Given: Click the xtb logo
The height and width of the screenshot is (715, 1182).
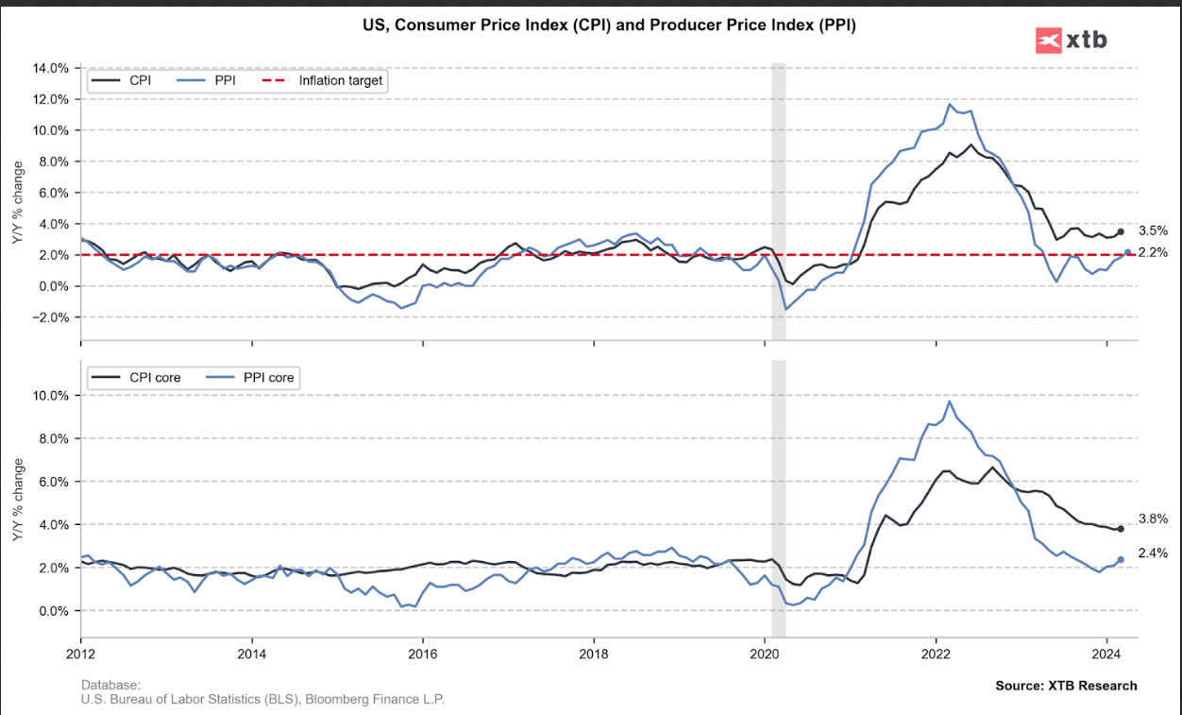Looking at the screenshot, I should [1072, 40].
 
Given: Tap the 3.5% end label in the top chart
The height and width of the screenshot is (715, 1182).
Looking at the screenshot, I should [1153, 230].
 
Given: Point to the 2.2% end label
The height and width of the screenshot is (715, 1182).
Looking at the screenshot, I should [1153, 252].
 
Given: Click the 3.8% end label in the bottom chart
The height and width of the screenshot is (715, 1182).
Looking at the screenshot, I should [1153, 519].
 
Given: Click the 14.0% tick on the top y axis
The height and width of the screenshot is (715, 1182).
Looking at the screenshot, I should [50, 68].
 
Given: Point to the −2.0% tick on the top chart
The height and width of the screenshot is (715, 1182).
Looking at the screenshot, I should [50, 317].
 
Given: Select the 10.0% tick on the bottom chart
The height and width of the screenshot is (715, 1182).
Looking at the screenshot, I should [50, 395].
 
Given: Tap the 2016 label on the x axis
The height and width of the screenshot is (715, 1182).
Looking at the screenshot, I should [422, 653].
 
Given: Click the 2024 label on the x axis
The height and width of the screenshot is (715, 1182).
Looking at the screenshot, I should [1106, 653].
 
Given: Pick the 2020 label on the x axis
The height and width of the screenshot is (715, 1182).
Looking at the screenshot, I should [765, 653].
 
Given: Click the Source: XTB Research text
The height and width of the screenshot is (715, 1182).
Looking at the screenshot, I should [1066, 686].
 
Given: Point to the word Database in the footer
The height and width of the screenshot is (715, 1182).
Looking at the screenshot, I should [110, 685].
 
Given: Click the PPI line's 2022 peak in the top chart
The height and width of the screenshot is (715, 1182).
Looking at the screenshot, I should [950, 104].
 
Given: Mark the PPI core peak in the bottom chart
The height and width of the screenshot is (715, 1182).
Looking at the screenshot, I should [950, 401].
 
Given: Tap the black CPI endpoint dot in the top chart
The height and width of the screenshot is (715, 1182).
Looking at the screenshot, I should [1121, 231].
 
